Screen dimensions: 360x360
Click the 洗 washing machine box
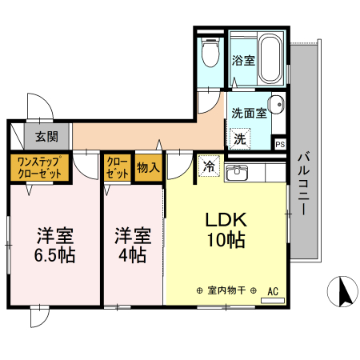click(x=239, y=138)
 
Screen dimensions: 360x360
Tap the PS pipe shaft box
click(x=279, y=144)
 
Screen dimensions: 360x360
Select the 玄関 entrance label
click(x=46, y=136)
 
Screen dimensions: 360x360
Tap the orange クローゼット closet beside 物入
click(x=118, y=167)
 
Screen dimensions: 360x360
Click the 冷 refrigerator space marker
click(x=209, y=167)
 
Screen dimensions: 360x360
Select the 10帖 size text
click(x=226, y=239)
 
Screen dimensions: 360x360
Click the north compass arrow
click(x=346, y=291)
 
